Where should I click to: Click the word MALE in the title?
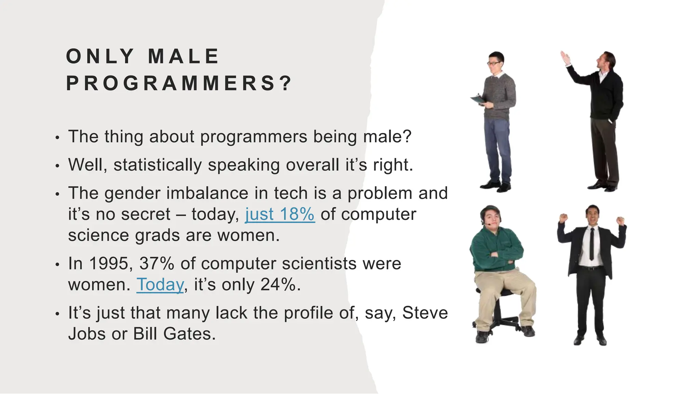184,56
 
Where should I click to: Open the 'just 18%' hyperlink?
280,215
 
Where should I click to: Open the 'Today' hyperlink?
160,285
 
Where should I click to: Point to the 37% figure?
157,264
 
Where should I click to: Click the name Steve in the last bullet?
425,313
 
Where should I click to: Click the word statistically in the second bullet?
158,165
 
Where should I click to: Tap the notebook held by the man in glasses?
477,100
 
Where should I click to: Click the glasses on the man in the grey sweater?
494,63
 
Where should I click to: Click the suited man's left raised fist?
563,218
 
